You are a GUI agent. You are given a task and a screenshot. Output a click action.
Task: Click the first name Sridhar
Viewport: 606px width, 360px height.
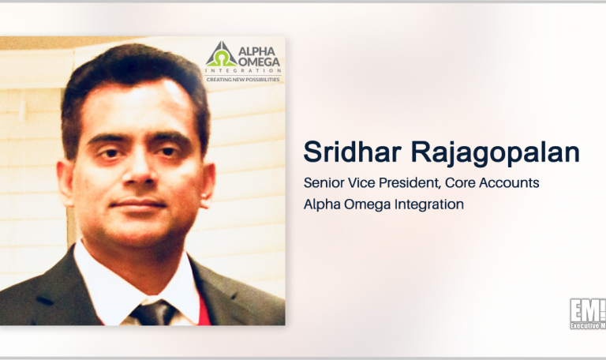(x=341, y=153)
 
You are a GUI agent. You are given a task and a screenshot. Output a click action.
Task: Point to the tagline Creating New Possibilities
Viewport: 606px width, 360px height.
(x=243, y=79)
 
